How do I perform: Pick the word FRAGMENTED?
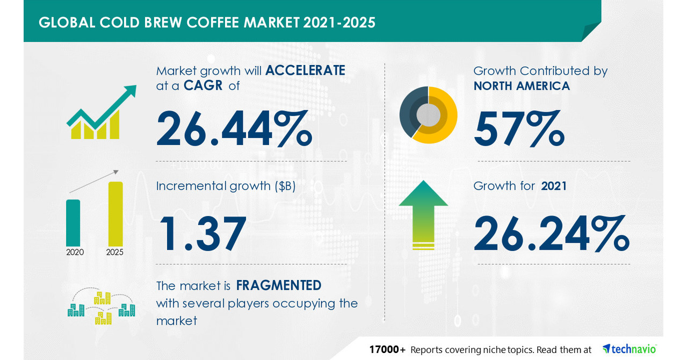279,285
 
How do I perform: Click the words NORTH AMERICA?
522,85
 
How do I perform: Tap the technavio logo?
630,349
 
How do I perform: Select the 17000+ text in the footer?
387,349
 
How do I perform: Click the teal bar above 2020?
73,222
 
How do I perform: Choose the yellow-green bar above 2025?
115,213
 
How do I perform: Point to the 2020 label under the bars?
75,252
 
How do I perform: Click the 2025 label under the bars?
114,252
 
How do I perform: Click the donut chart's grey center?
428,114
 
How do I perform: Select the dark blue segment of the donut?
407,110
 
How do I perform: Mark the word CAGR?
204,85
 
